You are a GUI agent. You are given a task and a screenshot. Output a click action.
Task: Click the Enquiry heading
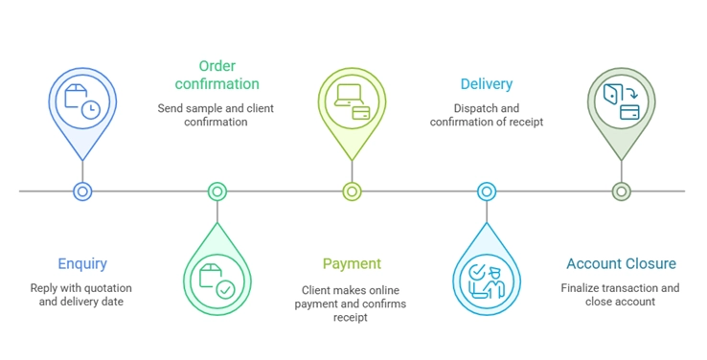coord(82,263)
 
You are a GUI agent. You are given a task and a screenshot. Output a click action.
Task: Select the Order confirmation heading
coord(217,75)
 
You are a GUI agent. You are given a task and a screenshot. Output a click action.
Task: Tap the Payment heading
coord(352,263)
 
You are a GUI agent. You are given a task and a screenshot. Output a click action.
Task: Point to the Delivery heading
coord(486,84)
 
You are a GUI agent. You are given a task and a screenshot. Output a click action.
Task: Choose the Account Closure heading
coord(621,263)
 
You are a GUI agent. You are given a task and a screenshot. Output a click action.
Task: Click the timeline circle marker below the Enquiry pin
coord(82,191)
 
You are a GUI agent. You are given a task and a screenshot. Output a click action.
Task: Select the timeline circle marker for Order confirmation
coord(217,191)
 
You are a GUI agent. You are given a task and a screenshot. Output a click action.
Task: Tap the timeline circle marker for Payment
coord(352,191)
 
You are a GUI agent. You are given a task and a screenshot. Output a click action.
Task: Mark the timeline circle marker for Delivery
coord(487,191)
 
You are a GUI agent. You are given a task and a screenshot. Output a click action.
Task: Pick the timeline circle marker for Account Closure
coord(621,191)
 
